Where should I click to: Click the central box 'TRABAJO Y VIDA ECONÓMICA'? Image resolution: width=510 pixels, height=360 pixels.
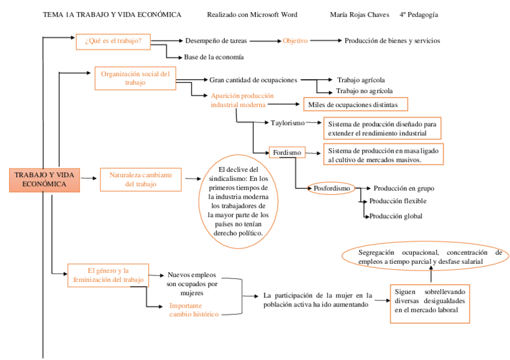[45, 179]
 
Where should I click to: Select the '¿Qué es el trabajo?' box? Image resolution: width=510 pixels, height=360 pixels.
[113, 41]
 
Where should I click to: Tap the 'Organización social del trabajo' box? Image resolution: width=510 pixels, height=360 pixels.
[135, 78]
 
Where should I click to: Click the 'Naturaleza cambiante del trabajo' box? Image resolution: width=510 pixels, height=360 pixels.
[140, 179]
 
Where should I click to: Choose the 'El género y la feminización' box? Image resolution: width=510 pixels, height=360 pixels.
[108, 275]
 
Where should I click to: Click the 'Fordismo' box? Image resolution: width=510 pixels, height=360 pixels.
[287, 153]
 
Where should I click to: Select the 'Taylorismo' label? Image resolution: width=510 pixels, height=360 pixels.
[287, 123]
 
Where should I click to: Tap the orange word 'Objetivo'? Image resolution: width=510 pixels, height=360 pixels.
[295, 41]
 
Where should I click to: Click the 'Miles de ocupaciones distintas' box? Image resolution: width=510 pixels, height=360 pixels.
[355, 105]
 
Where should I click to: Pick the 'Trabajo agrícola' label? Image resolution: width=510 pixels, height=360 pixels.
[361, 79]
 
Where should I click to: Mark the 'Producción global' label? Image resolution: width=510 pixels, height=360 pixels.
[396, 216]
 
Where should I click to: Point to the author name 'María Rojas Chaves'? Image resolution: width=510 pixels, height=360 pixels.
[360, 14]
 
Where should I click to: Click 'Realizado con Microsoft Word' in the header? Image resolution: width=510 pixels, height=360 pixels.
[251, 14]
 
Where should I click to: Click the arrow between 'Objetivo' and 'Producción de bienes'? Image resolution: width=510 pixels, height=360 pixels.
[325, 41]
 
